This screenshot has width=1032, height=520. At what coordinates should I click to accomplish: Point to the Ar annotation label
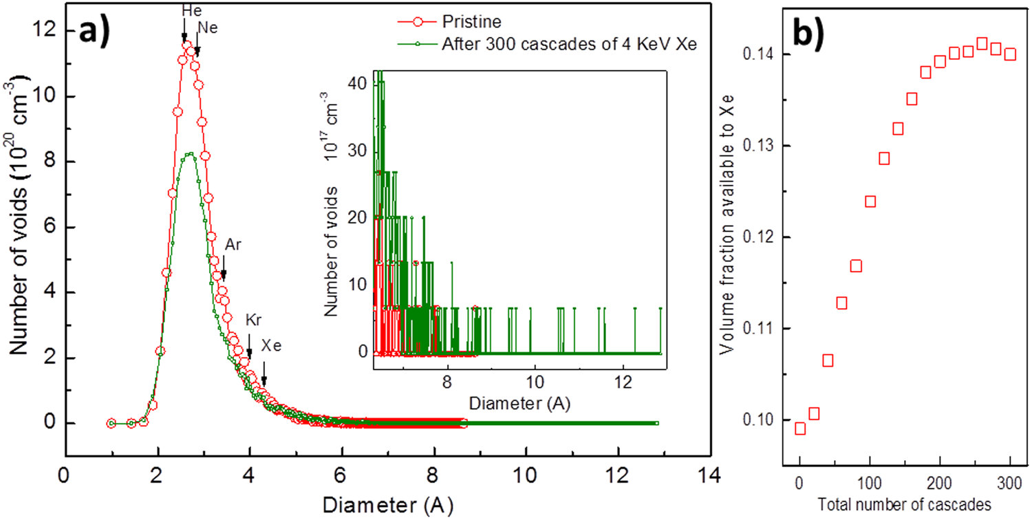tap(233, 245)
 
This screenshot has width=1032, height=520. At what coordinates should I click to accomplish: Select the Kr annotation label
tap(254, 320)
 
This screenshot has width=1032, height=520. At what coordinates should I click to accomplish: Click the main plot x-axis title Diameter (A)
tap(387, 505)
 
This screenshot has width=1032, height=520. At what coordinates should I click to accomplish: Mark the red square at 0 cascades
tap(799, 429)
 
